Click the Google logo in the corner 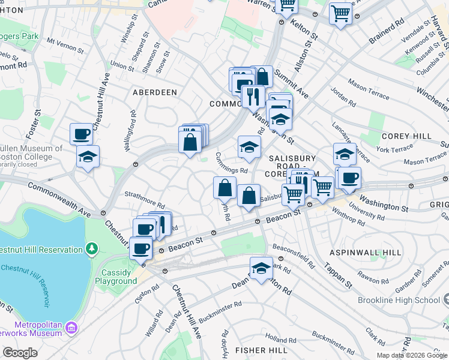(x=20, y=352)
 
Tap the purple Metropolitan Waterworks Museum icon (x=71, y=328)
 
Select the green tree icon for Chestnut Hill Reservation (x=91, y=248)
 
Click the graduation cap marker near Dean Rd (x=261, y=268)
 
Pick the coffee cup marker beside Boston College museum (x=82, y=133)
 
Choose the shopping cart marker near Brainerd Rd (x=340, y=12)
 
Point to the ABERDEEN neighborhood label (x=155, y=92)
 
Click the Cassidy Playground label (x=116, y=276)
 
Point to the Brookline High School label (x=399, y=300)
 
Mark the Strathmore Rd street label (x=144, y=199)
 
